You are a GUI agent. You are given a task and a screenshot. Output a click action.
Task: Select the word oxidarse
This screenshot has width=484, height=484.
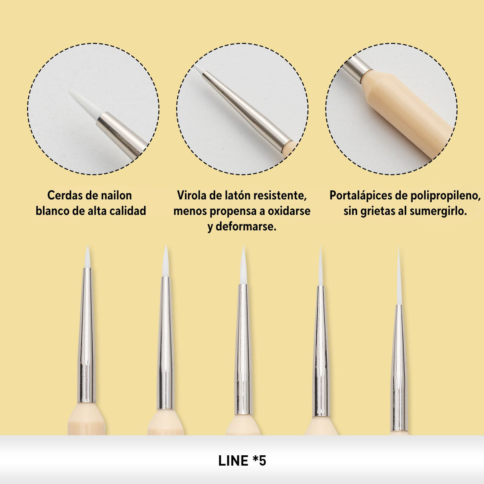(x=289, y=211)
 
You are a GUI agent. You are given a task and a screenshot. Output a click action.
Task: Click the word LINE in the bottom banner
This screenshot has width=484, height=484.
(x=233, y=461)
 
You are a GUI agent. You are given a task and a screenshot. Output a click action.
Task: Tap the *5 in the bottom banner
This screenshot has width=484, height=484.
(x=260, y=461)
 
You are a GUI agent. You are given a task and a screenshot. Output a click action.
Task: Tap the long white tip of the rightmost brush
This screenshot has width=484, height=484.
(x=399, y=279)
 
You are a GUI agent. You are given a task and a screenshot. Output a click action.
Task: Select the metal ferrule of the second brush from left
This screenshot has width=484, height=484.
(x=165, y=343)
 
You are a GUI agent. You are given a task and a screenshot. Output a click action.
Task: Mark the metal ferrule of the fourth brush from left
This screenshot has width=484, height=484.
(x=321, y=351)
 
